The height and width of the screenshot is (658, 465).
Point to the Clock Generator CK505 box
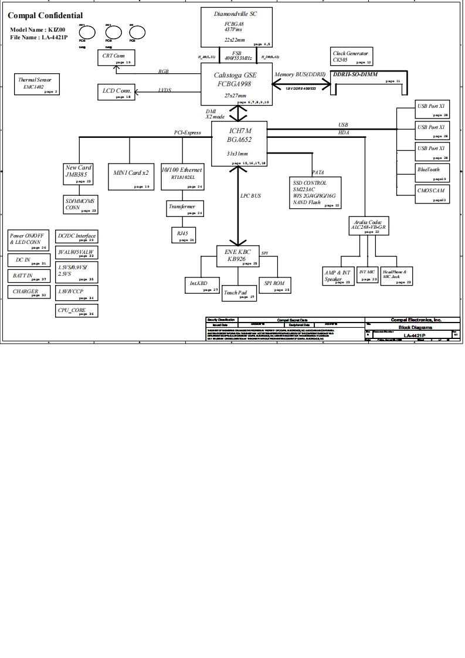coord(351,57)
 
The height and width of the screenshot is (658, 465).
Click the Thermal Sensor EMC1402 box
coord(38,84)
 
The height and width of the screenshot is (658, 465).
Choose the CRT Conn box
coord(116,57)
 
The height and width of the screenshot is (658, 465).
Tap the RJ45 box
coord(182,235)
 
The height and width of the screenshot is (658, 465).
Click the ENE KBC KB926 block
coord(238,257)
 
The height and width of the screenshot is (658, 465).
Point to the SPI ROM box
coord(274,285)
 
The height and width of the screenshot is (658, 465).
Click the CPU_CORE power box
coord(76,311)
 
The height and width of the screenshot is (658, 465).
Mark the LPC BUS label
coord(250,196)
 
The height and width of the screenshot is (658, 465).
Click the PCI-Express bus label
coord(188,133)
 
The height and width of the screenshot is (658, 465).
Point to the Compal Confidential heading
coord(45,15)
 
